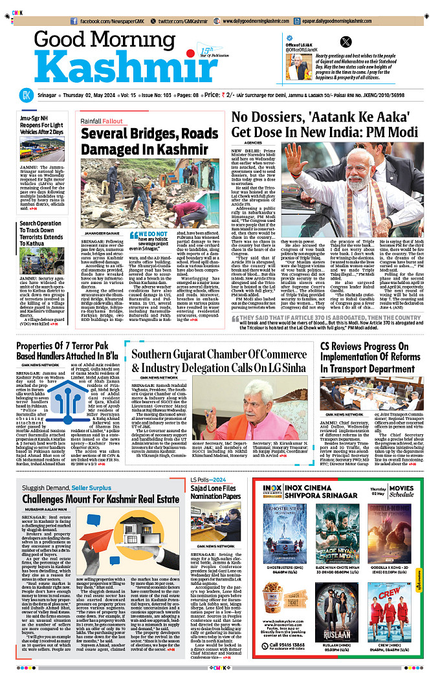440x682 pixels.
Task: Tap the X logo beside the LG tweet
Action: (346, 41)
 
